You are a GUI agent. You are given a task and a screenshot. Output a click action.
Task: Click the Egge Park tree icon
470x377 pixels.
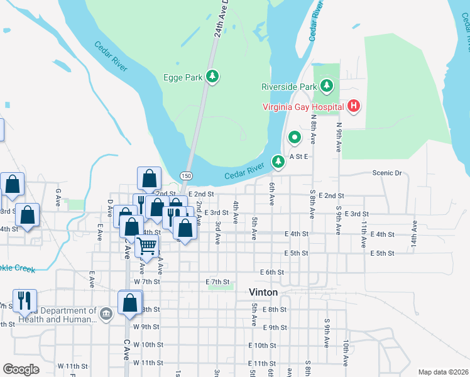pos(213,77)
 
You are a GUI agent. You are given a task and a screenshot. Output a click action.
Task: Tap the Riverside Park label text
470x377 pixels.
pos(289,86)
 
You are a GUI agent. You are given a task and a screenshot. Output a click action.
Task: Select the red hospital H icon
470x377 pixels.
pos(354,106)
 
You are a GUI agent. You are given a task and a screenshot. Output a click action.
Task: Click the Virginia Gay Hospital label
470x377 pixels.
pos(303,107)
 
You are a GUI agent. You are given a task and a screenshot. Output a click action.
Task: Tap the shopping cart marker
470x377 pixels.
pos(146,246)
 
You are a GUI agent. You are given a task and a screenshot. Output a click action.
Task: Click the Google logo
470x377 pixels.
pos(21,369)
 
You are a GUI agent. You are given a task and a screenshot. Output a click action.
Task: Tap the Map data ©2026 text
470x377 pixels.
pos(442,372)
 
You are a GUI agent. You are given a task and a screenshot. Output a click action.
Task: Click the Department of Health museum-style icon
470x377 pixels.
pos(106,314)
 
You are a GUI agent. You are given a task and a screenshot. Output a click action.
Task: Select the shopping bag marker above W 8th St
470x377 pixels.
pos(129,303)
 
